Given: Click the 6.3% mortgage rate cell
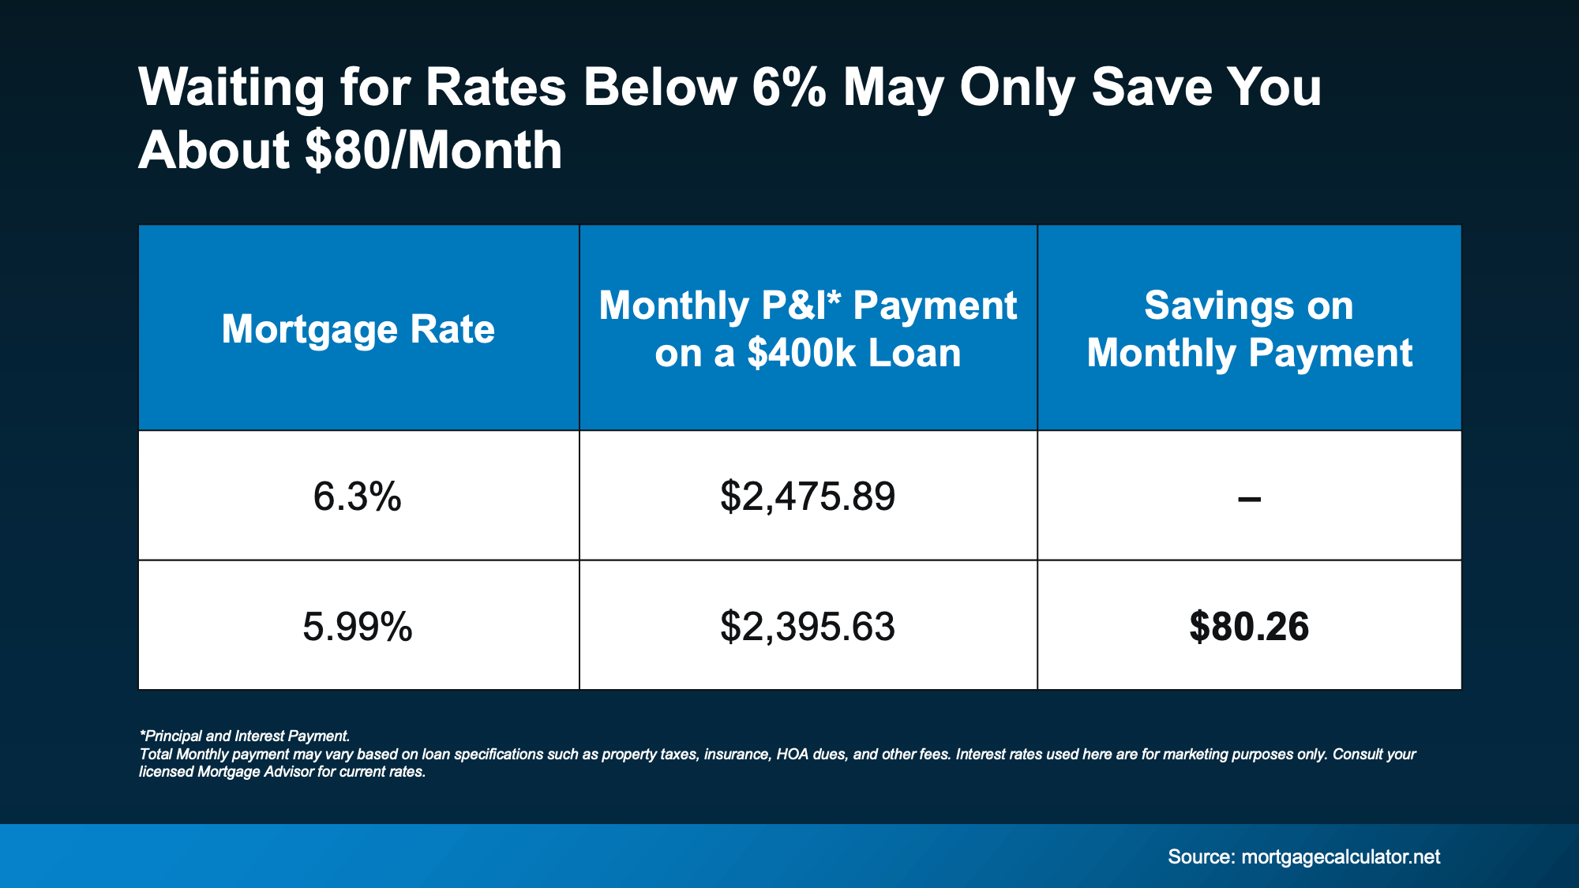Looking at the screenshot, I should [x=358, y=496].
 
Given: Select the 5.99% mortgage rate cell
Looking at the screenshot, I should [x=358, y=627].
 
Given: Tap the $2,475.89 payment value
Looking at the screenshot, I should [x=808, y=496].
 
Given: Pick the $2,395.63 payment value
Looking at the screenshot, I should [x=808, y=627].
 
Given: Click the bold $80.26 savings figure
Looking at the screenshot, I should [x=1249, y=627].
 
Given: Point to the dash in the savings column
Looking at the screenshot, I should [x=1249, y=499].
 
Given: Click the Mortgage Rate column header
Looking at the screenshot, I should [x=358, y=329].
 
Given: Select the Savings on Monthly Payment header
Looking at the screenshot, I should [x=1249, y=329].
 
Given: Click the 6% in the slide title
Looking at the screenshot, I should [x=789, y=87].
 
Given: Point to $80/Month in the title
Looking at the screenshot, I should [x=433, y=150].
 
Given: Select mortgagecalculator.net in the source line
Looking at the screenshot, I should [x=1341, y=857].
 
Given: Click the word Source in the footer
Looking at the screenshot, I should [x=1200, y=857].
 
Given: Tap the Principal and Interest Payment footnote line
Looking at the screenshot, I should [x=245, y=736].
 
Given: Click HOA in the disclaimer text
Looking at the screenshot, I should [x=792, y=754].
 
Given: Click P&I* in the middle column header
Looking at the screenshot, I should [x=801, y=305].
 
